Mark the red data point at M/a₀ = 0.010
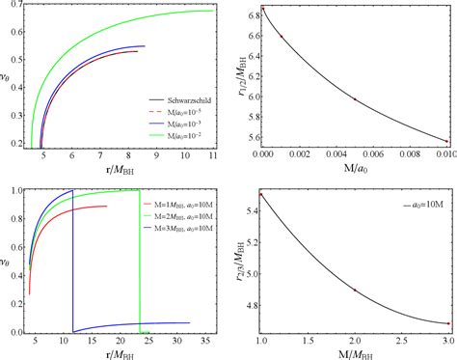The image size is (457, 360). point(446,142)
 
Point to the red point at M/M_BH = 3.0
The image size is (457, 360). point(446,323)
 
